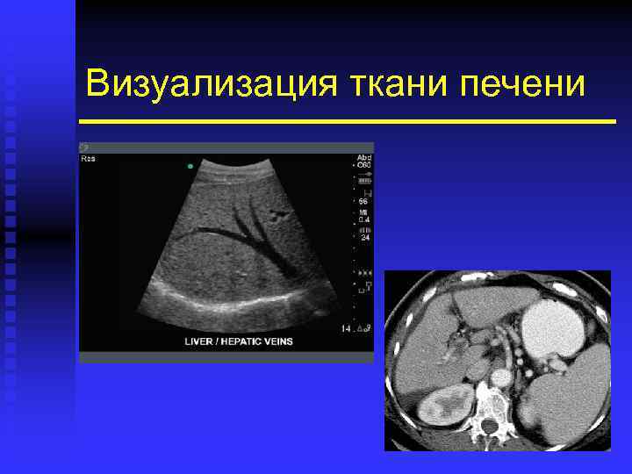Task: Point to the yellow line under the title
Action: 347,121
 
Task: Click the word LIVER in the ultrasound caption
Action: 204,341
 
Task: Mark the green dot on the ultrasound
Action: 190,166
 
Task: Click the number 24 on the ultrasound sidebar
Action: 363,238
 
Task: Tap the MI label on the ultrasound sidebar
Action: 362,212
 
